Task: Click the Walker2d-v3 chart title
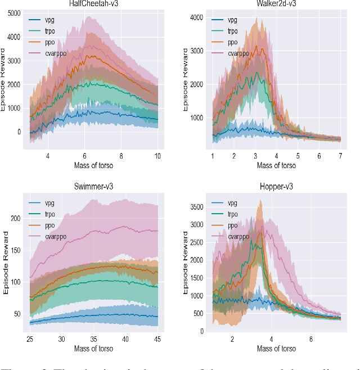coord(276,4)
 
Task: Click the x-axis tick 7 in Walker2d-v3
coord(341,156)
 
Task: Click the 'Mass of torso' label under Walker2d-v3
coord(276,165)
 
